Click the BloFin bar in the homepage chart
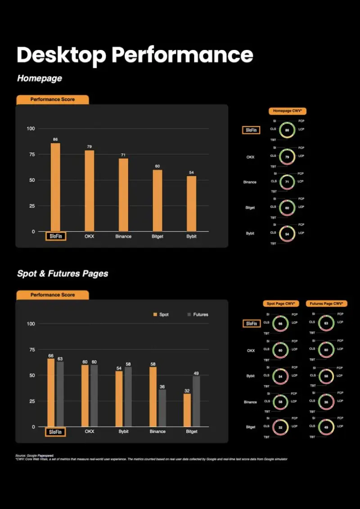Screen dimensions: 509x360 (x=55, y=187)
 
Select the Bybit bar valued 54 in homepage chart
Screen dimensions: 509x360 (x=192, y=204)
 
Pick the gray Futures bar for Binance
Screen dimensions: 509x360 (x=162, y=408)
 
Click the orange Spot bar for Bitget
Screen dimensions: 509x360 (x=187, y=410)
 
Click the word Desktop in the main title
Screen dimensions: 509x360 (x=61, y=55)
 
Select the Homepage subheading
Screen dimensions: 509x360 (x=40, y=78)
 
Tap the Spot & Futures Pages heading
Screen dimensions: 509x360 (x=63, y=273)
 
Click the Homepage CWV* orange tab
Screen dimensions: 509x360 (x=287, y=111)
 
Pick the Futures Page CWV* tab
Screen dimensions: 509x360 (x=326, y=304)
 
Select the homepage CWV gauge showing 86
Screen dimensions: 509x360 (x=287, y=130)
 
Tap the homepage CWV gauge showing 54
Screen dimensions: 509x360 (x=287, y=234)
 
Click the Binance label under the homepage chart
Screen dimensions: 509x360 (x=123, y=237)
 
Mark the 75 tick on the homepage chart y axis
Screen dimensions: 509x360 (x=31, y=154)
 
